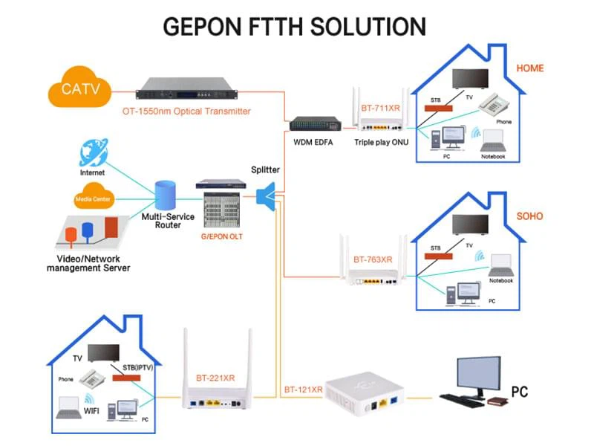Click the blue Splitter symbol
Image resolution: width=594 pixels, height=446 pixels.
click(266, 195)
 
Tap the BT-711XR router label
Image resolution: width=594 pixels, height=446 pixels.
click(380, 109)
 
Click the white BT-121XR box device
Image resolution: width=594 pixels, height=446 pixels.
click(359, 393)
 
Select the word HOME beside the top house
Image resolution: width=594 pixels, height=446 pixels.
click(529, 68)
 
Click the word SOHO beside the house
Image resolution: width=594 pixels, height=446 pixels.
click(529, 216)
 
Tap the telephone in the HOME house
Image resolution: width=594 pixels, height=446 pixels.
click(491, 105)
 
